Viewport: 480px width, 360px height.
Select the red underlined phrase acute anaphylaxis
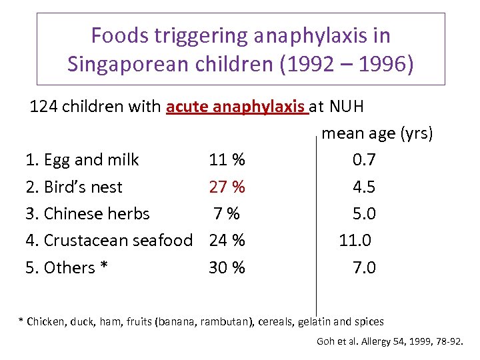pos(237,107)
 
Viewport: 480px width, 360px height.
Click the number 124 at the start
pos(43,107)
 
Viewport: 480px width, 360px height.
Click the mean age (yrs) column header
pos(377,133)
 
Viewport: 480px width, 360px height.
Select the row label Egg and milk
pos(91,160)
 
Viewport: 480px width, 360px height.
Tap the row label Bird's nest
pos(83,187)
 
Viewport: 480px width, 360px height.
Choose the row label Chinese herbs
pos(96,214)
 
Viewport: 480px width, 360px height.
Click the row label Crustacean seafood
pos(117,240)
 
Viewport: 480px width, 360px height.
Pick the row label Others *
pos(75,267)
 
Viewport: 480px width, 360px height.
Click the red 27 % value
pos(227,187)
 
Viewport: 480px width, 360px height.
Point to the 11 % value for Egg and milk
pos(227,160)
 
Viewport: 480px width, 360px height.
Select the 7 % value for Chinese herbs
pos(227,214)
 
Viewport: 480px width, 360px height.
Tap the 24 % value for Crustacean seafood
pos(227,240)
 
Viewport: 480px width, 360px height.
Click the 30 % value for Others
pos(227,267)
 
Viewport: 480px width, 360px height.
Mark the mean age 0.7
pos(364,160)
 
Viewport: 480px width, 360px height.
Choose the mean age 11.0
pos(355,240)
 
